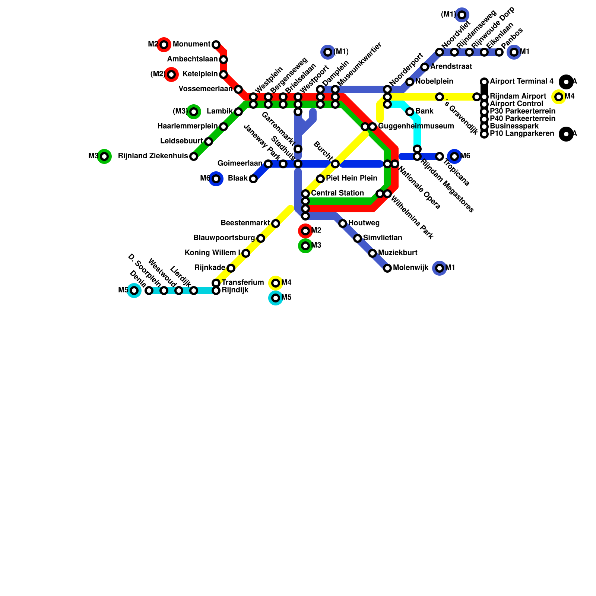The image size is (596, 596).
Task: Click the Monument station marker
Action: [x=216, y=45]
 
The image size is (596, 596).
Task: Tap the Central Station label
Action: [x=337, y=193]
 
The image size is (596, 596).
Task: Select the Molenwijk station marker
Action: [x=387, y=268]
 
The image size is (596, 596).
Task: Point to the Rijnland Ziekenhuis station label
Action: [x=153, y=156]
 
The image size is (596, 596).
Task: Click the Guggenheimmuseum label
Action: [x=416, y=126]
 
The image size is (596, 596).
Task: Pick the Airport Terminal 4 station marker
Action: [x=484, y=82]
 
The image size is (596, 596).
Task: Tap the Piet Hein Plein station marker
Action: [x=320, y=179]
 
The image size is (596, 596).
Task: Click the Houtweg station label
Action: [x=364, y=223]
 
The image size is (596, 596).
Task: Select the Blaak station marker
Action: [x=253, y=179]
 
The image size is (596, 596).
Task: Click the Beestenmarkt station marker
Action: [x=276, y=223]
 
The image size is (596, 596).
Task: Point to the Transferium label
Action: [x=242, y=283]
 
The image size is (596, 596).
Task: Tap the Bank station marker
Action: [x=410, y=112]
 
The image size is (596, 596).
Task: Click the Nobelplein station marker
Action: [x=410, y=82]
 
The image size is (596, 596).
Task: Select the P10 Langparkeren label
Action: [x=522, y=134]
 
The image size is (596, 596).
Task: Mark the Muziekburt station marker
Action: [x=372, y=253]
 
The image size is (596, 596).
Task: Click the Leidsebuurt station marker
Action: [x=209, y=142]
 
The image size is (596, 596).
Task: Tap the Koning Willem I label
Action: [x=212, y=253]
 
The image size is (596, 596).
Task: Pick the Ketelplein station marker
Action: [x=223, y=74]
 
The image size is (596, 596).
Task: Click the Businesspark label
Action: [x=514, y=126]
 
